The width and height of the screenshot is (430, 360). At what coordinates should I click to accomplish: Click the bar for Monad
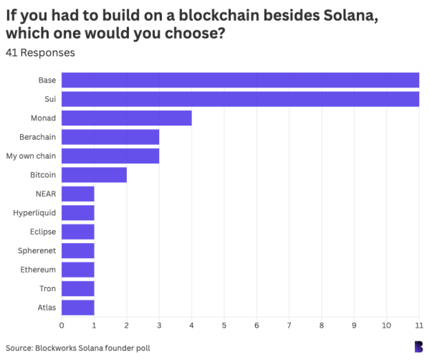pos(126,118)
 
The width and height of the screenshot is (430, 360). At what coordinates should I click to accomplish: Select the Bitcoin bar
pos(94,174)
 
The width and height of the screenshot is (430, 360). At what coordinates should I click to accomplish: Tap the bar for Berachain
pos(110,137)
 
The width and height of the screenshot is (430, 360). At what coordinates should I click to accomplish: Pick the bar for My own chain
pos(110,156)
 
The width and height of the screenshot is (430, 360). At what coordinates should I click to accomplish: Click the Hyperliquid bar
pos(77,212)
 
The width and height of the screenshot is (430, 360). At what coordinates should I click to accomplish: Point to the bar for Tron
pos(77,288)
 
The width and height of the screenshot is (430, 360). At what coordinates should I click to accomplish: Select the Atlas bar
pos(77,307)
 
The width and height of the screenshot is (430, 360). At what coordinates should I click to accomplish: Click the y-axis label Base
pos(47,80)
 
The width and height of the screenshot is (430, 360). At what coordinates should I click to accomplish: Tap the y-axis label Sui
pos(49,99)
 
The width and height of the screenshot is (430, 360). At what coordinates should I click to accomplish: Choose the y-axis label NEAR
pos(45,194)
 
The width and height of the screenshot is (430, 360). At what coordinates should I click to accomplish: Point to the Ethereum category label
pos(39,270)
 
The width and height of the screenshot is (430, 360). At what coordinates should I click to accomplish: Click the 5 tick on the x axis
pos(224,326)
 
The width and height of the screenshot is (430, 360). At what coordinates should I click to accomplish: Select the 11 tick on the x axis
pos(419,326)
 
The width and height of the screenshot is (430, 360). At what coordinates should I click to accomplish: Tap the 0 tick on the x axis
pos(62,326)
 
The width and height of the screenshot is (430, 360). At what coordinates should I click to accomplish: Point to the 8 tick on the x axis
pos(322,326)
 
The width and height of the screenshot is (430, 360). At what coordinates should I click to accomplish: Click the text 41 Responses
pos(39,52)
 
